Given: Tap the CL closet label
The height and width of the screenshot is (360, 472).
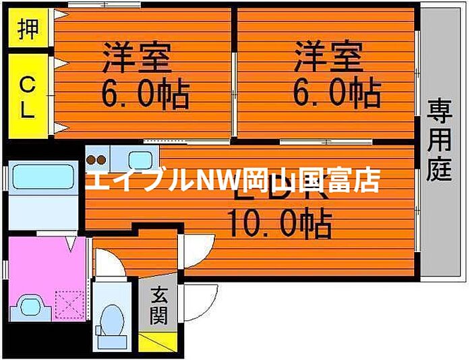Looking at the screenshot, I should click(28, 96).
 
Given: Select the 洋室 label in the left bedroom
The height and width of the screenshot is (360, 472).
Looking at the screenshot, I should click(137, 57).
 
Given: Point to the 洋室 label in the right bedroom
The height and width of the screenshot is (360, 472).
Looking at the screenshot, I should click(328, 57).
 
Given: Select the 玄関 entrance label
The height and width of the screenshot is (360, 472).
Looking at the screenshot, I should click(159, 306).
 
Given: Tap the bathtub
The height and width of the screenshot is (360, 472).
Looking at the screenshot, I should click(42, 178).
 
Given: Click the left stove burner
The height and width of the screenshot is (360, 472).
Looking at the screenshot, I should click(92, 160).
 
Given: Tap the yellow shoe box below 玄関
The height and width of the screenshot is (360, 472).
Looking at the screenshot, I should click(158, 341).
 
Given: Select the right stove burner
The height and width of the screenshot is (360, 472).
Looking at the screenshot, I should click(102, 160).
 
